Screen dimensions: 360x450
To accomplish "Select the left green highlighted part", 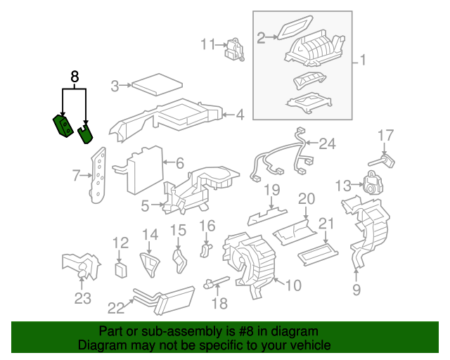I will click(x=63, y=127).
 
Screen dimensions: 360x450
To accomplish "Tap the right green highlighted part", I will click(x=86, y=133).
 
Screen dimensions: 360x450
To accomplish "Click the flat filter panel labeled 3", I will click(x=157, y=86).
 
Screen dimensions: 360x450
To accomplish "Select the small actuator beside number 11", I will click(x=233, y=49).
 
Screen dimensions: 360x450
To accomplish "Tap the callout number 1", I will click(x=362, y=61).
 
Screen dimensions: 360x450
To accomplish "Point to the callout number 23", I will click(x=83, y=299).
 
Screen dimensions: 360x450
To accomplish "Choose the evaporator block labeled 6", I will click(x=144, y=170).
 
